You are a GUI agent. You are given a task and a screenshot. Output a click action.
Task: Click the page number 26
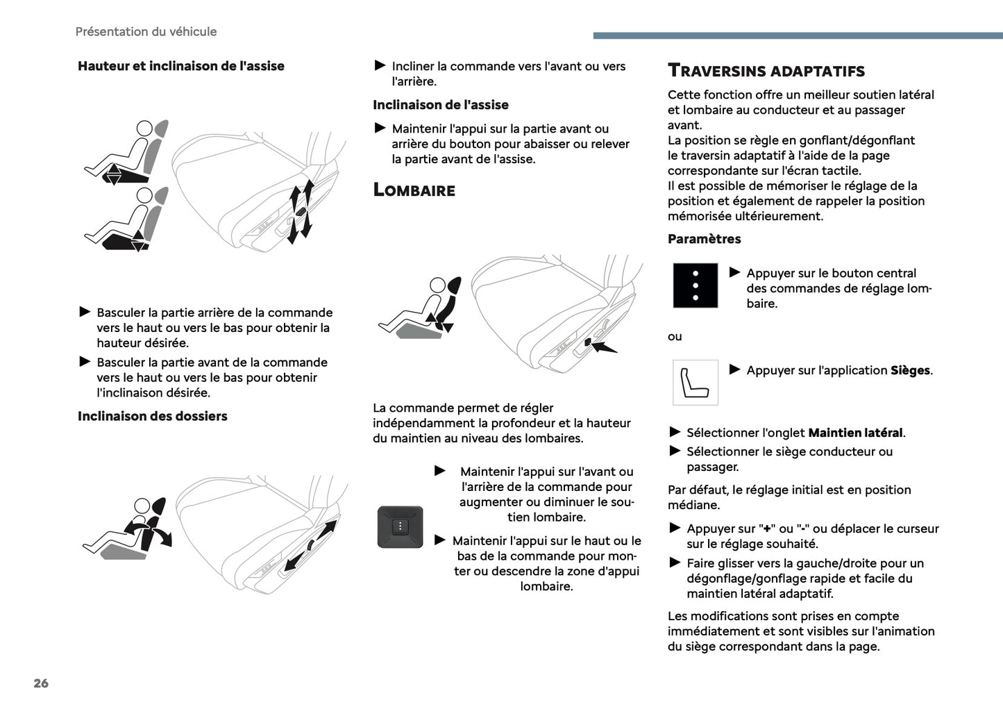(x=41, y=683)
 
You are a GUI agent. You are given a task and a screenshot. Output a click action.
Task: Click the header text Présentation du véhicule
(x=146, y=32)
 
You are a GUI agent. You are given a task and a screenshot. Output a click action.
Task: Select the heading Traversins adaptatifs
(x=766, y=71)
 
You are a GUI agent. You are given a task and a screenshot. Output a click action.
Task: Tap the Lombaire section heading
(x=414, y=190)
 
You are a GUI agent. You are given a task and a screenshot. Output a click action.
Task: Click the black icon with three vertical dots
(x=695, y=285)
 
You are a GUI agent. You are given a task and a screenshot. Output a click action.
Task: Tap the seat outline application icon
(x=695, y=382)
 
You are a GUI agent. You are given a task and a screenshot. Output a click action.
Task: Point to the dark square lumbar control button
(x=400, y=527)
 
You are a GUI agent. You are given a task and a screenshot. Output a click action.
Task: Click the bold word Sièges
(x=909, y=371)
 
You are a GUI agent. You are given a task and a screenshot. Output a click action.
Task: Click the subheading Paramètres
(x=704, y=239)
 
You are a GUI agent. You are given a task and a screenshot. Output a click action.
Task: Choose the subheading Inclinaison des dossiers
(x=152, y=416)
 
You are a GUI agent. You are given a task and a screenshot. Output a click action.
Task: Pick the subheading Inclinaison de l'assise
(x=440, y=105)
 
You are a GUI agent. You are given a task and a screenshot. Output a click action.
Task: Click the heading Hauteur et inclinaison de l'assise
(x=180, y=66)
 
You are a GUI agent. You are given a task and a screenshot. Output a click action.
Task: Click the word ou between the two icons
(x=675, y=337)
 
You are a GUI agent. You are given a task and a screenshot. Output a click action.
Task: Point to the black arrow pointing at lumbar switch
(x=602, y=345)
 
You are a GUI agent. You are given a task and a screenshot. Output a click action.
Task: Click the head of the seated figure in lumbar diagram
(x=438, y=285)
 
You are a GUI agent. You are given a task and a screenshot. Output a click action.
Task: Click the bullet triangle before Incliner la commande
(x=380, y=65)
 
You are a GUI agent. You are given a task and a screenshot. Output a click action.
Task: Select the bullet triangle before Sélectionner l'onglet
(x=675, y=432)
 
